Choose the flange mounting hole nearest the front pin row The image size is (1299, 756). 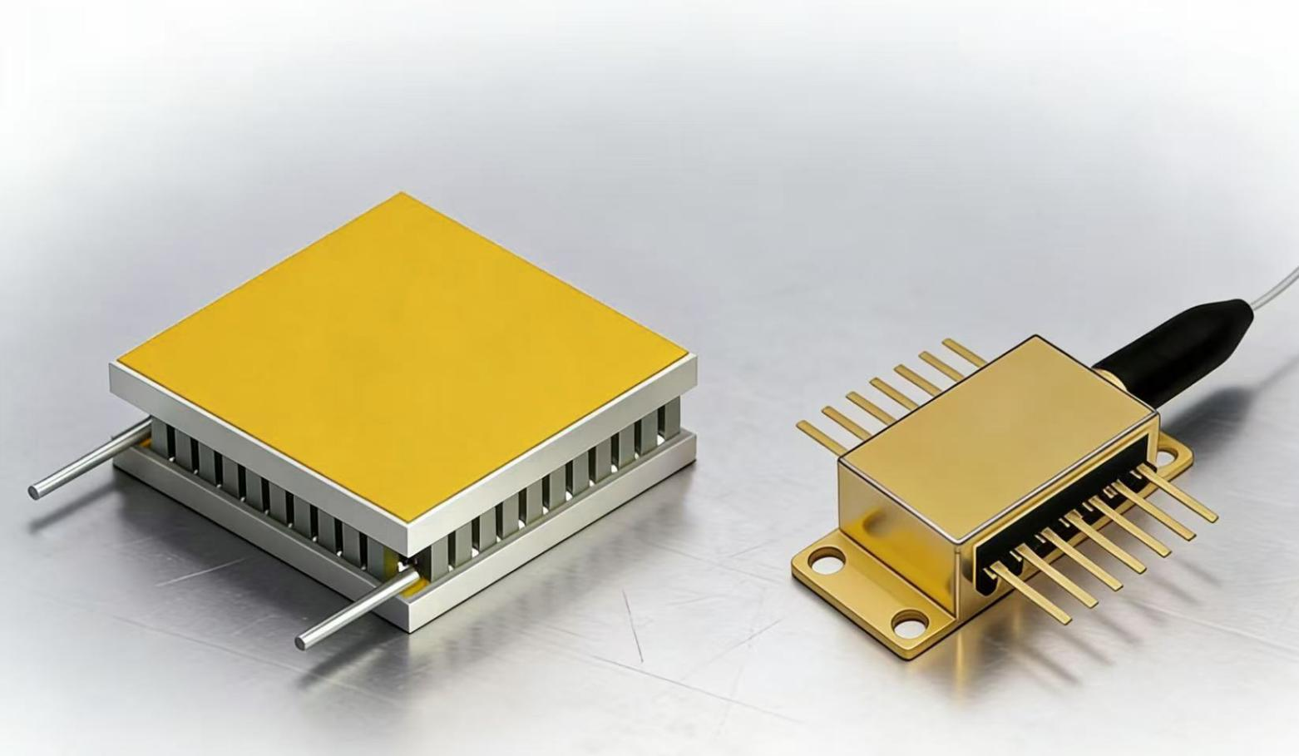[911, 623]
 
